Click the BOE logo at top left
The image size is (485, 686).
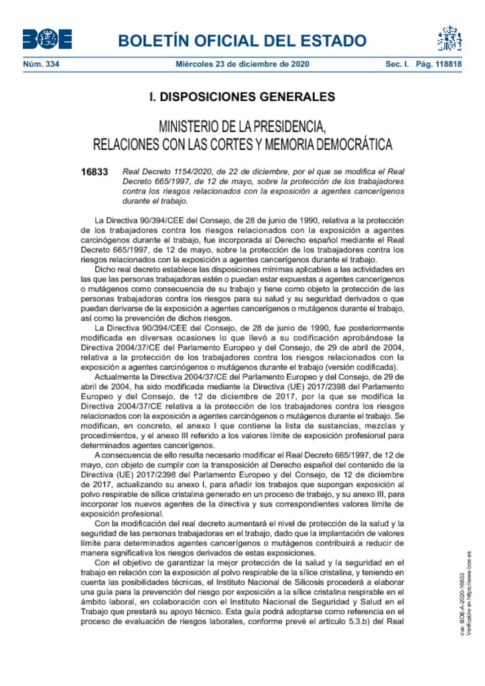[47, 40]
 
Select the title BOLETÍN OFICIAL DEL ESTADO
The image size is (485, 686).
[242, 41]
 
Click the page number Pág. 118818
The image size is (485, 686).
[439, 64]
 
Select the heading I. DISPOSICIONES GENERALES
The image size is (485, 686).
[242, 97]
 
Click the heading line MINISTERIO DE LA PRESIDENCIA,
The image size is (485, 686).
[242, 126]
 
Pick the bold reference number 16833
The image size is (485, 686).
[94, 172]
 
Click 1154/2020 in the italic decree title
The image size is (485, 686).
[184, 172]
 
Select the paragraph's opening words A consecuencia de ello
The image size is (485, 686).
[134, 456]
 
